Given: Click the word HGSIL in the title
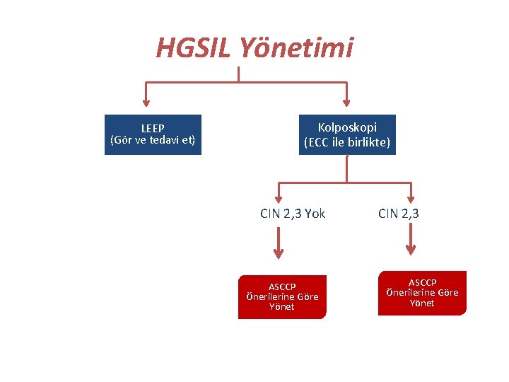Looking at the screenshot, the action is pos(194,48).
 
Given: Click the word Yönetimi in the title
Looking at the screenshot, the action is pos(296,48).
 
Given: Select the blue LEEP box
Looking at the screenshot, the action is pos(153,134).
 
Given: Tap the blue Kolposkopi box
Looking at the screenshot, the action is pos(347,134).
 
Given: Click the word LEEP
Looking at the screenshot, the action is pos(153,128).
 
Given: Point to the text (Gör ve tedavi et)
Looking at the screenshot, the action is pos(153,140).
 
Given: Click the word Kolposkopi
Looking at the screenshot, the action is pos(347,127).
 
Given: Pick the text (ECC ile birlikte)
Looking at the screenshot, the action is pos(347,142).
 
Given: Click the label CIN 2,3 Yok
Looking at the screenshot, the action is pos(293,213).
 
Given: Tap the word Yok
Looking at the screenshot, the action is pos(315,213).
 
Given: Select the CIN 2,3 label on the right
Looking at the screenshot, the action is pos(399,213).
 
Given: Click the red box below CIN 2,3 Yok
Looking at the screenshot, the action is pos(282,297).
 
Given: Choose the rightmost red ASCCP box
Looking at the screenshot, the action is pos(422,293).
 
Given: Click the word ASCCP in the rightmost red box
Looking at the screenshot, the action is pos(422,282).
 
